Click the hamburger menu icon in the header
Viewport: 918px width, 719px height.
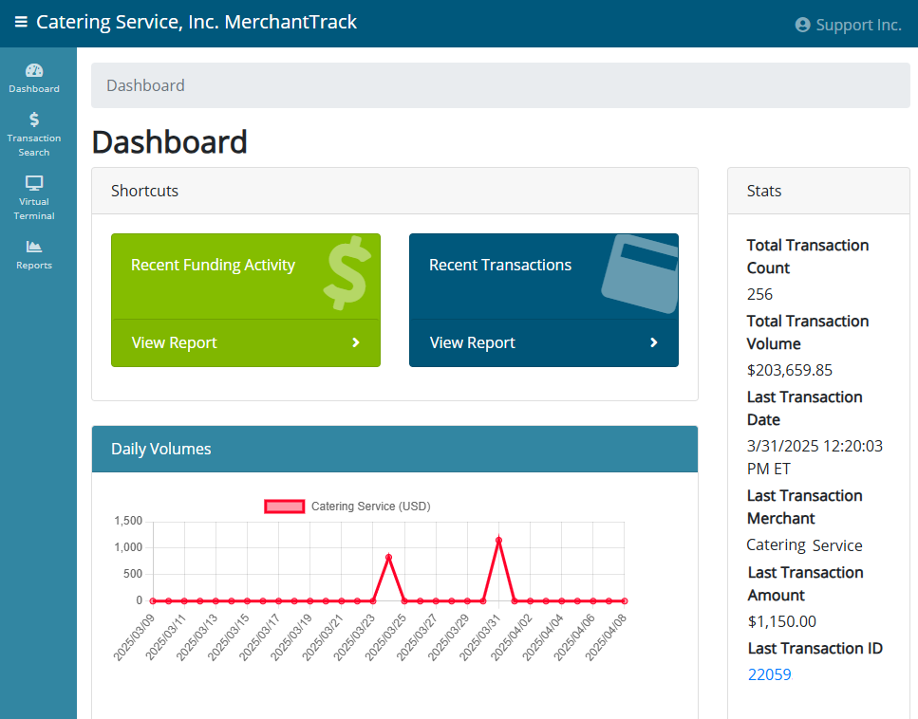pos(21,22)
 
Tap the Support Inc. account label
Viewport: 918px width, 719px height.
pos(848,25)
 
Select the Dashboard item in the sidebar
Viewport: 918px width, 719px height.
pos(34,79)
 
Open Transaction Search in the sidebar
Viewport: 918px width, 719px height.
pos(34,135)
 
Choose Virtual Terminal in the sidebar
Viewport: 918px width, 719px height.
pos(34,197)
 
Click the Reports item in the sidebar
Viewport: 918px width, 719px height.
pos(34,254)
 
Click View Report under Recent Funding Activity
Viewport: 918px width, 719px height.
pos(245,342)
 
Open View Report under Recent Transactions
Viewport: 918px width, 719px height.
pos(543,342)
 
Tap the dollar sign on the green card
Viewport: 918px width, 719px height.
pos(347,272)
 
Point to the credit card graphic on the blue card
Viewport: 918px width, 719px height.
pos(641,273)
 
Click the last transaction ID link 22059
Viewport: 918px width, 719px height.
pos(769,674)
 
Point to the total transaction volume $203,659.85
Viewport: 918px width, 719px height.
pos(789,370)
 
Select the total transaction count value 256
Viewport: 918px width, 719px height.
pos(759,294)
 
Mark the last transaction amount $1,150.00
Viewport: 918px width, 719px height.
pos(781,621)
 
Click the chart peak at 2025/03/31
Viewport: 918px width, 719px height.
pos(498,540)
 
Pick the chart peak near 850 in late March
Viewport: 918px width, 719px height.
pos(388,557)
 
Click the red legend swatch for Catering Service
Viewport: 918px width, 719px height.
pos(285,507)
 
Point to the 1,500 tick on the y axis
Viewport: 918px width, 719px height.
pos(128,521)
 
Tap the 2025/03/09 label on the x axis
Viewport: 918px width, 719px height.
pos(134,637)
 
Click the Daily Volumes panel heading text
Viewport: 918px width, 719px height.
pos(161,449)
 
